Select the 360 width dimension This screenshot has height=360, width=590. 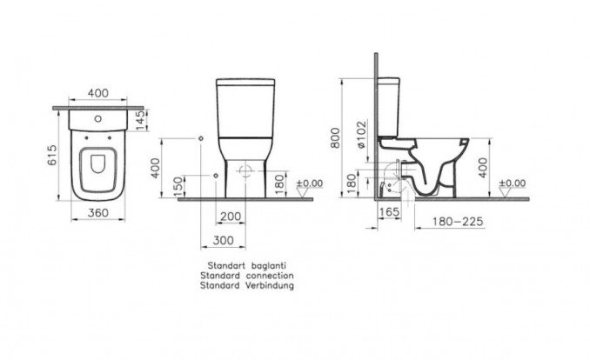pyautogui.click(x=97, y=212)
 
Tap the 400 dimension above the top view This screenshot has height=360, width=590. pyautogui.click(x=97, y=93)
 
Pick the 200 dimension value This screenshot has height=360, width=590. pyautogui.click(x=230, y=215)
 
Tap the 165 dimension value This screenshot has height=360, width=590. pyautogui.click(x=390, y=211)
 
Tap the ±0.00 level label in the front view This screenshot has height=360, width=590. pyautogui.click(x=308, y=183)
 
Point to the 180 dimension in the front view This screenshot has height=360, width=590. pyautogui.click(x=279, y=181)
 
